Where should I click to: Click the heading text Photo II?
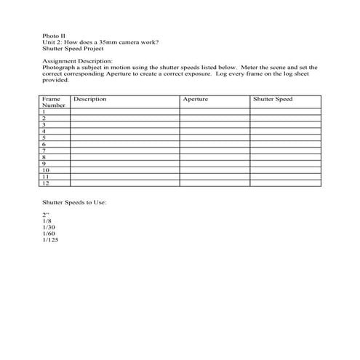(53, 36)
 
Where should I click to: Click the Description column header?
(89, 99)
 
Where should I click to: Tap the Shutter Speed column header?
(273, 99)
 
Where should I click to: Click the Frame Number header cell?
(55, 102)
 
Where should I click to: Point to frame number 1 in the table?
(44, 111)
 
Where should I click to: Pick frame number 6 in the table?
(44, 143)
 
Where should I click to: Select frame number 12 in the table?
(46, 182)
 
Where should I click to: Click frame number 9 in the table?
(44, 163)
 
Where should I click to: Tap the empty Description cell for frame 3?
(124, 124)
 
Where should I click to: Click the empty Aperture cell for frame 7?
(215, 150)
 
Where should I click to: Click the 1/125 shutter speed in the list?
(51, 240)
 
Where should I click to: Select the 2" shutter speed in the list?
(46, 215)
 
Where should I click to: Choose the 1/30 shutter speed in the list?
(49, 228)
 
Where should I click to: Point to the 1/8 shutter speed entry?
(47, 221)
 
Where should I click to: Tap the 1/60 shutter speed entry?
(49, 233)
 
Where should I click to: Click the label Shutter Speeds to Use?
(74, 201)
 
